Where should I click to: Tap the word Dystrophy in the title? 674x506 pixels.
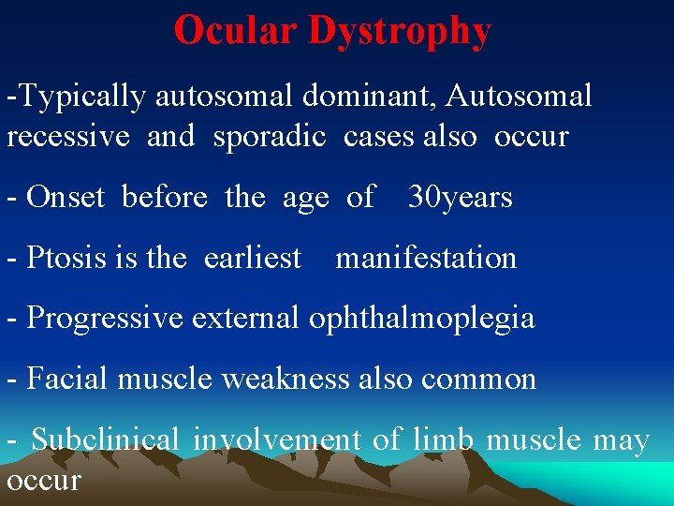point(399,32)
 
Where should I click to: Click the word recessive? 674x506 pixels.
point(68,137)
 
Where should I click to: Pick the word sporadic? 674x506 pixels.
point(270,137)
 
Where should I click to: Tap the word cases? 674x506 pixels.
point(379,137)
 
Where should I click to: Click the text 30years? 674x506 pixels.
point(460,198)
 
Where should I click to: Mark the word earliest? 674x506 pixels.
point(253,258)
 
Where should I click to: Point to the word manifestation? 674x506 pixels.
point(426,258)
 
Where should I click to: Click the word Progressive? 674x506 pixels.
point(106,319)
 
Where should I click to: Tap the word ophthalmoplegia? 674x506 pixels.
point(421,319)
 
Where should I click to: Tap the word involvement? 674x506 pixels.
point(277,439)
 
